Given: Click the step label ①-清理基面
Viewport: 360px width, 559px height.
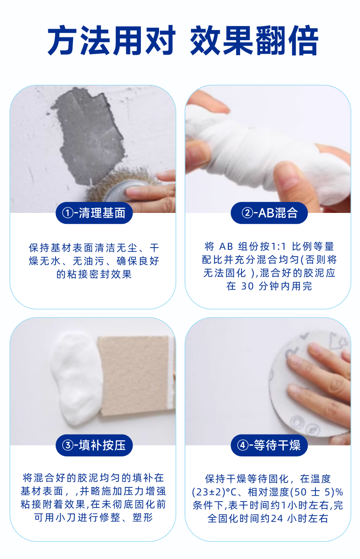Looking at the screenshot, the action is [94, 213].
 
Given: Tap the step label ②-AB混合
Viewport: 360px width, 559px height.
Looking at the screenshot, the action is [269, 213].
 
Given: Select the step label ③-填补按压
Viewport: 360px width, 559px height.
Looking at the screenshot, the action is [94, 445].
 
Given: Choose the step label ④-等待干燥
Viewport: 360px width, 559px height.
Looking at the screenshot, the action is [269, 445].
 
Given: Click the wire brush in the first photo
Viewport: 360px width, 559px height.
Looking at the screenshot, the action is [117, 183].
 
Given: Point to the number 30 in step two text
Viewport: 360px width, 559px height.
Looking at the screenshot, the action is [247, 286].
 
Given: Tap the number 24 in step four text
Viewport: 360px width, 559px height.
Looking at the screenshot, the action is [277, 518].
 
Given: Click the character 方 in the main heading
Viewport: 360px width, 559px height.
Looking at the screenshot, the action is [62, 40].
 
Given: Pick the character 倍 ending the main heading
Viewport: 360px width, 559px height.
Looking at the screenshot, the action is [303, 40].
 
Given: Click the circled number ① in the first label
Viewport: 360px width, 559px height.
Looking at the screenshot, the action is [67, 213].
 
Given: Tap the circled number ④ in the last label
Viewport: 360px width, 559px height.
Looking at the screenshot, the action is [242, 445].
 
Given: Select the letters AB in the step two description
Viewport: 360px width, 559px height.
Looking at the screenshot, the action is [226, 247].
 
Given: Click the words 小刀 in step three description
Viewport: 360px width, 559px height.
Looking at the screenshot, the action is [66, 518].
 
